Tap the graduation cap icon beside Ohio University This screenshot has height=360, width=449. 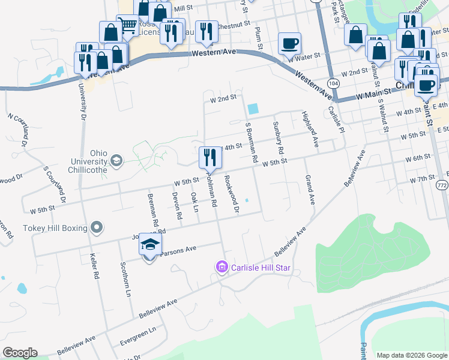pos(116,160)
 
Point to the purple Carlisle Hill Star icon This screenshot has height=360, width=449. pos(221,266)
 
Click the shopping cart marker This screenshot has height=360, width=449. pos(127,25)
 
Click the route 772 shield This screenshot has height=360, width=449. pos(442,187)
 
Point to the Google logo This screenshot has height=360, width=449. pos(20,352)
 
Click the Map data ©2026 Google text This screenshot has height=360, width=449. pos(412,355)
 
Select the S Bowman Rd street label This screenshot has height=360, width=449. pos(252,143)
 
